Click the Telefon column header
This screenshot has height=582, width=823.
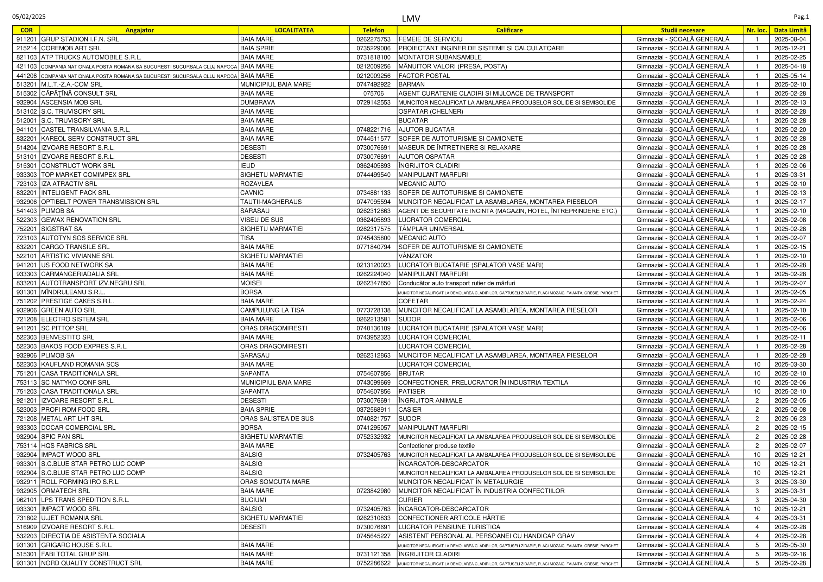(x=373, y=30)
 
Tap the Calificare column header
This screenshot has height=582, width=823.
(x=509, y=30)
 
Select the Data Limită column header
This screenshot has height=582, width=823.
(x=790, y=30)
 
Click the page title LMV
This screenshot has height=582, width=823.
(x=411, y=19)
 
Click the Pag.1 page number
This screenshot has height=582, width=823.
(x=801, y=17)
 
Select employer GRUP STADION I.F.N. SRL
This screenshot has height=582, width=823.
(x=80, y=39)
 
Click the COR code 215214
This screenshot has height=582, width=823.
(x=26, y=48)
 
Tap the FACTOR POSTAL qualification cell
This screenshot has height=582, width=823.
(x=424, y=76)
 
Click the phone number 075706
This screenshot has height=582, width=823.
(x=373, y=94)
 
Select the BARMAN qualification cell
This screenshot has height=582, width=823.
(x=412, y=84)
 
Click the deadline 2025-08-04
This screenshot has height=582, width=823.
(x=790, y=39)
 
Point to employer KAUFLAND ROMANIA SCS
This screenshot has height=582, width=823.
(x=80, y=365)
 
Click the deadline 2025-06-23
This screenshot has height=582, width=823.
(x=790, y=419)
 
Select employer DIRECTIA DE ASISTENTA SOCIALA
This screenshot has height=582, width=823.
(x=93, y=536)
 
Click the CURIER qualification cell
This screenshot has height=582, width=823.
(x=410, y=500)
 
